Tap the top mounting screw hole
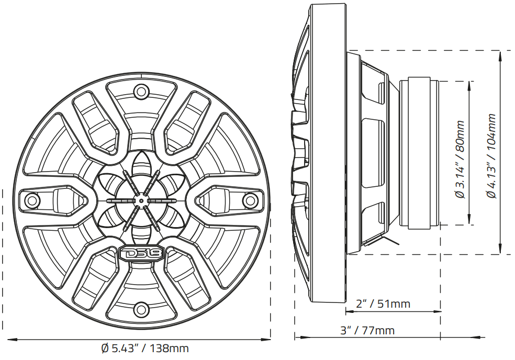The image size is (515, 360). click(x=141, y=92)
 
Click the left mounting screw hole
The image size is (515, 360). click(x=33, y=200)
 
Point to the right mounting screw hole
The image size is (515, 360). click(x=250, y=200)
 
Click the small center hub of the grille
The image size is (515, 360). click(x=141, y=200)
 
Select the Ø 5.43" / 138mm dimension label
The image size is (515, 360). click(x=144, y=348)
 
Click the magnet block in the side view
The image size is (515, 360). click(x=419, y=152)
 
